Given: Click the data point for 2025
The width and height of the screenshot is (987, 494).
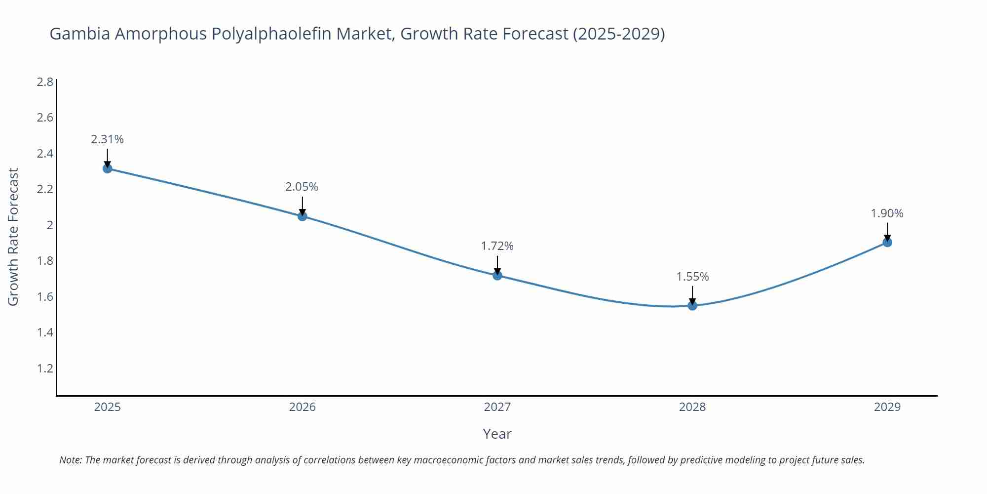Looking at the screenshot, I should coord(108,168).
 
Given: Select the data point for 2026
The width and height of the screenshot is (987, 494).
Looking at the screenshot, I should coord(303,216).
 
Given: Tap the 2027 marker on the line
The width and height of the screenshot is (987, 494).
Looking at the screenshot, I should coord(497,275).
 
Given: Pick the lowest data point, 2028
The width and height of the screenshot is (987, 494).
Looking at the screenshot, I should coord(692,306).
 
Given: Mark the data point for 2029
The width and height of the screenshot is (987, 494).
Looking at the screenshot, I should coord(887,242).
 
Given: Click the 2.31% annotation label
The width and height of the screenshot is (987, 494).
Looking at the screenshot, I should coord(107,139).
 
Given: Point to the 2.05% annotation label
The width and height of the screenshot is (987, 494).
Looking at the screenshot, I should coord(302,187).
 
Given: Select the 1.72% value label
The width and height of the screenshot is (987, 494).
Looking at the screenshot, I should coord(497,246).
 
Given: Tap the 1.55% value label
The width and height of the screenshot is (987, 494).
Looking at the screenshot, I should coord(692,277).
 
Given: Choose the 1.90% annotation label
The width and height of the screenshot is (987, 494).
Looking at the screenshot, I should coord(887,213).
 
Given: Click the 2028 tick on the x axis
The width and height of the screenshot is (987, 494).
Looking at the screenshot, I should coord(692,407).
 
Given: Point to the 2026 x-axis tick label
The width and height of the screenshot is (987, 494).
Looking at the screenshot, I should coord(303,407).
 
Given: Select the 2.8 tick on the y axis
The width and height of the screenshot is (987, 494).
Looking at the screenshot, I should coord(45,82).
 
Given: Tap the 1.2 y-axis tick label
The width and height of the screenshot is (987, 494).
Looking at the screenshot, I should coord(45,369).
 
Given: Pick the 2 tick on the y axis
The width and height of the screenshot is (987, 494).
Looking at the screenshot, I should coord(50,225).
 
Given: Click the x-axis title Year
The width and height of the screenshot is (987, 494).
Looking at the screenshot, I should coord(497,434).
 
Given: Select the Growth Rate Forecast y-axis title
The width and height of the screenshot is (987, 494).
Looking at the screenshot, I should coord(13,237).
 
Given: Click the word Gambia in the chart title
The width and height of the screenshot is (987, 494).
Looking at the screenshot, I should coord(79,34).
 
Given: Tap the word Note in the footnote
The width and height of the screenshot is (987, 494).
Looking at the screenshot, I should coord(71,460).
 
